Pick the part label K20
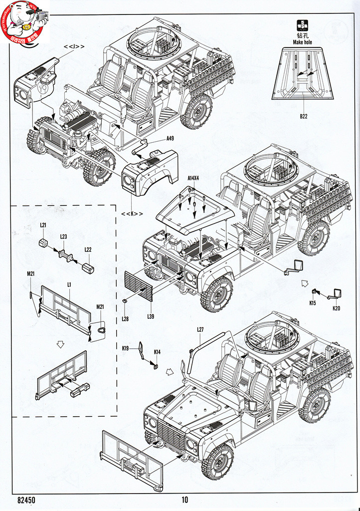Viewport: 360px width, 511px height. [336, 308]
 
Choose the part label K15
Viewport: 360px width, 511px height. [313, 302]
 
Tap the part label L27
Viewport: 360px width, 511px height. [200, 329]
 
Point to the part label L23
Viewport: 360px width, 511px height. [63, 236]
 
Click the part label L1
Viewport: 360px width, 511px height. [69, 284]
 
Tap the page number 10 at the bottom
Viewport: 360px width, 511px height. [185, 500]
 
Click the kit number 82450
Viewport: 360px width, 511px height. [26, 500]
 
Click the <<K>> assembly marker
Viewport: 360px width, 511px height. [132, 214]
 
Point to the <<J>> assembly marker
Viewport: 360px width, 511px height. [73, 46]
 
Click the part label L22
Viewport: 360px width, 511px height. [88, 250]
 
